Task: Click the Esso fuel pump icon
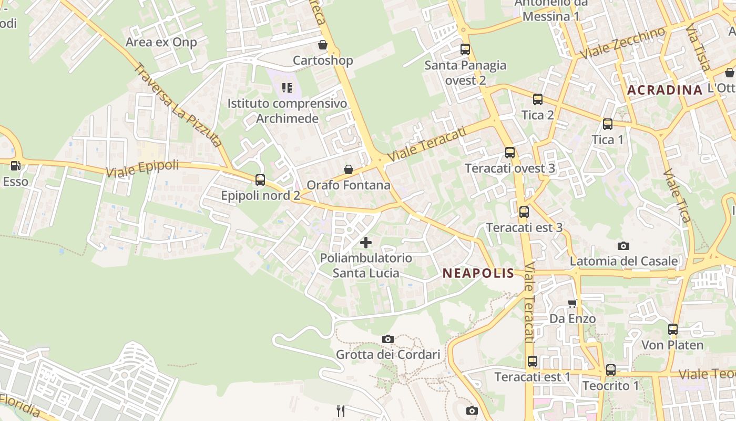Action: tap(16, 166)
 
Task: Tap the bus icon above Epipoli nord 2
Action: tap(260, 180)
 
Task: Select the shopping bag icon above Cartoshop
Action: tap(323, 45)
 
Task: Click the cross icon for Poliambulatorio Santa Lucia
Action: tap(366, 243)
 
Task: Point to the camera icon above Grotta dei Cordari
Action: tap(388, 339)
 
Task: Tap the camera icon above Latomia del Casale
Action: tap(623, 246)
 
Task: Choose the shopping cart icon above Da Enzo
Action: tap(573, 303)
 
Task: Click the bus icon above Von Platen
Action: tap(673, 329)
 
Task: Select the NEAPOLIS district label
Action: tap(478, 273)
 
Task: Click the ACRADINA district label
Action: tap(665, 90)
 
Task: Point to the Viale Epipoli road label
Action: tap(142, 169)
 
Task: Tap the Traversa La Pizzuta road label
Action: tap(177, 105)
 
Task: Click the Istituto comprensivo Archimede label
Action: tap(287, 111)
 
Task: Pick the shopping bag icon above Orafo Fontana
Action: tap(348, 169)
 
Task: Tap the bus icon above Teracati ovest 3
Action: tap(510, 153)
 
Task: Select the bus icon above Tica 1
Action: tap(608, 124)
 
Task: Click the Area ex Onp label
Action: tap(161, 42)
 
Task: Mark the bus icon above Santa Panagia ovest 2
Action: tap(465, 49)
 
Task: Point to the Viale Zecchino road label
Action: tap(622, 43)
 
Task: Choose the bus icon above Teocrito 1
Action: tap(610, 370)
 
